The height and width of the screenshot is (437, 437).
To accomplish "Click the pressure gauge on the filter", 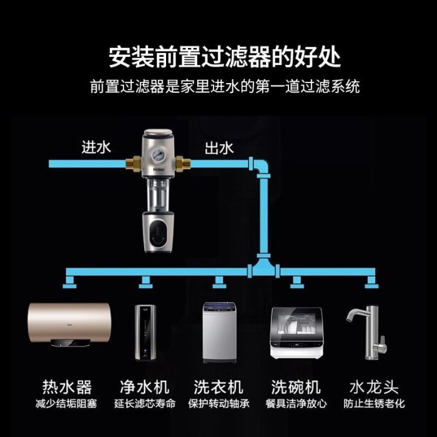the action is (x=157, y=155).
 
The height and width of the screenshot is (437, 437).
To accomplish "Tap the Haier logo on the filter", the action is (x=159, y=169).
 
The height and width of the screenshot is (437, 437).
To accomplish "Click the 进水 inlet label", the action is (x=96, y=147).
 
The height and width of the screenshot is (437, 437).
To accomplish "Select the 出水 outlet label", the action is (x=219, y=148).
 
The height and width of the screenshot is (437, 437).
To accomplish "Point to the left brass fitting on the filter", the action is (x=133, y=164).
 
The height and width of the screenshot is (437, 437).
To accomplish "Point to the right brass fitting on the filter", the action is (x=183, y=164).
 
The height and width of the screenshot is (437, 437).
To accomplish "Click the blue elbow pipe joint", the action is (x=259, y=167).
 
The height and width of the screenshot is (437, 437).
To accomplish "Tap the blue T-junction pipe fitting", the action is (x=263, y=267).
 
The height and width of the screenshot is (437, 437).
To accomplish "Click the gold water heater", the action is (x=70, y=325).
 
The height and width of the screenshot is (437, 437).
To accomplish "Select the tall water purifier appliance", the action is (x=145, y=333).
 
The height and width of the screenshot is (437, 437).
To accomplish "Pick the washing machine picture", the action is (x=219, y=333).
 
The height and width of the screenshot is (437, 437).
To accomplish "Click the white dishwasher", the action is (x=297, y=333).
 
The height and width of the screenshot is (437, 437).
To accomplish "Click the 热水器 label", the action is (x=67, y=387).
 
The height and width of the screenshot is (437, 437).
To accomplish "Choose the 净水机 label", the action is (x=145, y=387).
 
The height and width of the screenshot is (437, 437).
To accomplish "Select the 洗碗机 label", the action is (x=296, y=387).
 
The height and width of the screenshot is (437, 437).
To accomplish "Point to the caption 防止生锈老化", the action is (x=374, y=403).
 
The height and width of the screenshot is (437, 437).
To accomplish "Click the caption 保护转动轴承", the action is (x=219, y=403).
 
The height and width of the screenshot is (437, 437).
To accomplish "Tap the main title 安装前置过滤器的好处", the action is (x=225, y=57).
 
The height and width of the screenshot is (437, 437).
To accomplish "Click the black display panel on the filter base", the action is (x=159, y=231).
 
